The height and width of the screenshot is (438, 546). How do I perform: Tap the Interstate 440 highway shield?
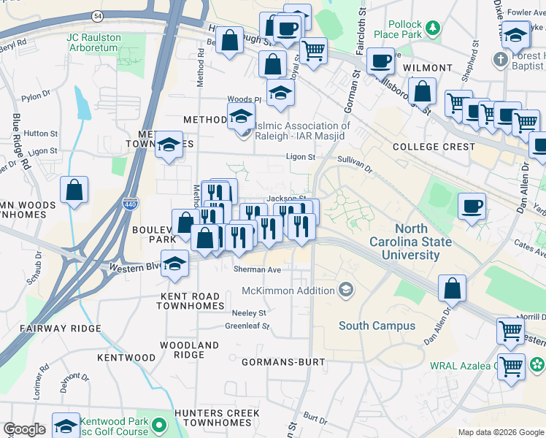click(129, 203)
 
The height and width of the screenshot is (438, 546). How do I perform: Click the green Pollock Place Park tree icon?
click(434, 28)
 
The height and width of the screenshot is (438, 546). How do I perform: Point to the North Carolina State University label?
click(413, 242)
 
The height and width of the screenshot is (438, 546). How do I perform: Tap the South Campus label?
click(377, 326)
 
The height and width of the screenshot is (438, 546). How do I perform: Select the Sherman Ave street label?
click(257, 269)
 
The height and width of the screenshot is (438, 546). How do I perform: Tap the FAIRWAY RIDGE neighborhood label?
click(50, 329)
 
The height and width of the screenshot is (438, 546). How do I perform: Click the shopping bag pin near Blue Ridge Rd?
click(74, 191)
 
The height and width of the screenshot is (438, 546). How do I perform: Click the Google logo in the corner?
click(24, 429)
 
